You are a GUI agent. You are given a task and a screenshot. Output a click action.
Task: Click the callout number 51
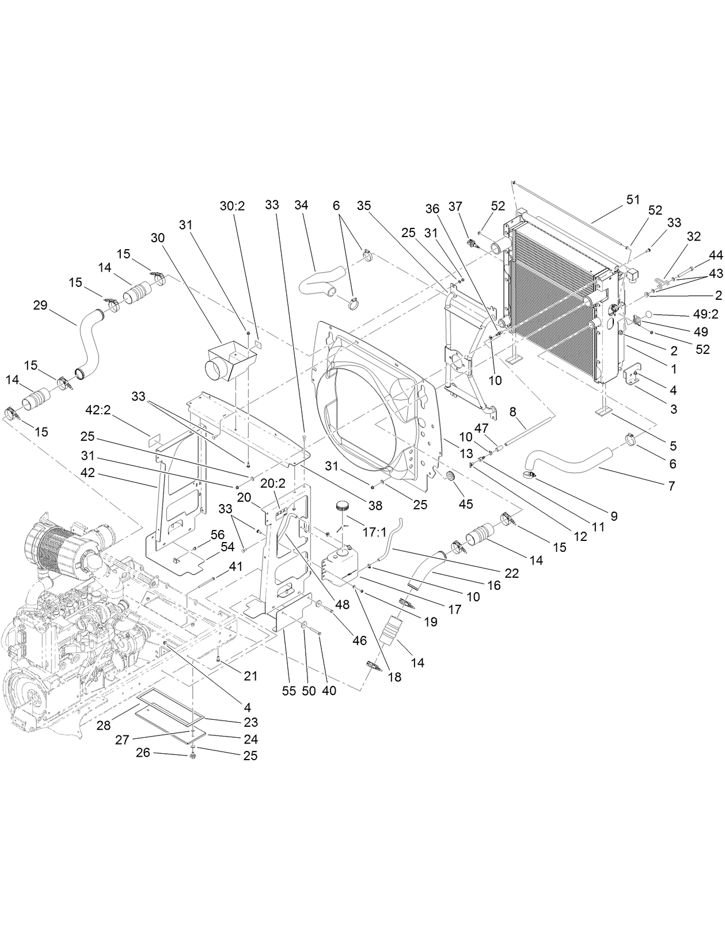[x=633, y=199]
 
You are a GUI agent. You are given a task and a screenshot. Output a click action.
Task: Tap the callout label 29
[x=40, y=305]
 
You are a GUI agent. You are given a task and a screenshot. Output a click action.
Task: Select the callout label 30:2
[x=232, y=205]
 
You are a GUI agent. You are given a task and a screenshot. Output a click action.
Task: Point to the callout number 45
[x=465, y=504]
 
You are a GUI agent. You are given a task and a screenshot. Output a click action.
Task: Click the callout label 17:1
[x=374, y=533]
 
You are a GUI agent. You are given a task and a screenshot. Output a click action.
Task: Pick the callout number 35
[x=363, y=205]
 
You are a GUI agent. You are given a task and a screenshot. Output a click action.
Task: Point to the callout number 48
[x=343, y=605]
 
